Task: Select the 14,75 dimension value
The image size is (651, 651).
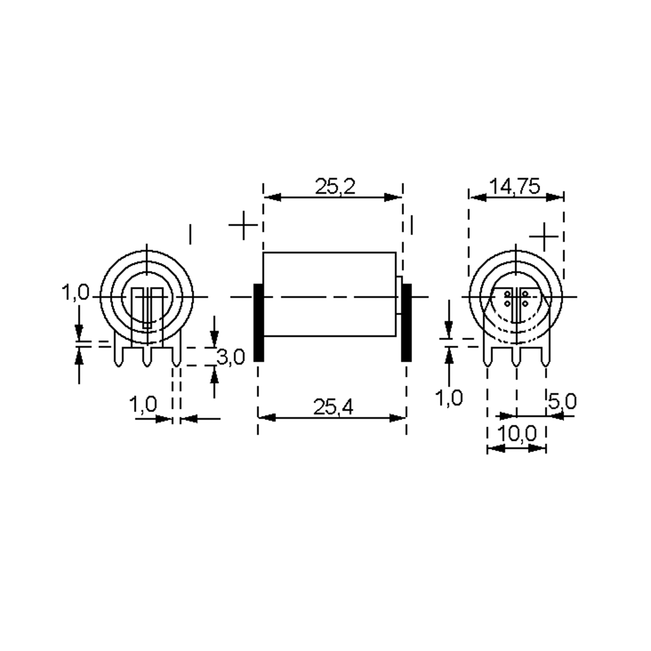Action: coord(514,186)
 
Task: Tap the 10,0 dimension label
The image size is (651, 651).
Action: coord(516,434)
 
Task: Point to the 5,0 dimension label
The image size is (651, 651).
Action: coord(562,401)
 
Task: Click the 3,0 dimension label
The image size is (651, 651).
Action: coord(231,357)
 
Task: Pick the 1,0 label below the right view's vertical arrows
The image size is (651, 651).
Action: coord(449,398)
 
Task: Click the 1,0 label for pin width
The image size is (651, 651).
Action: coord(143,404)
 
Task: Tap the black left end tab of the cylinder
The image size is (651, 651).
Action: coord(259,323)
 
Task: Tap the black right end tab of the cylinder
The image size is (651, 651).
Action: coord(406,323)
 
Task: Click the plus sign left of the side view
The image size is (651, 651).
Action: coord(243,225)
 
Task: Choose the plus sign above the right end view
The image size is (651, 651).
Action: coord(544,237)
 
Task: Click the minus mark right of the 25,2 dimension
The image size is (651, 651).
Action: coord(411,225)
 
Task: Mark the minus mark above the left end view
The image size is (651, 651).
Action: coord(190,234)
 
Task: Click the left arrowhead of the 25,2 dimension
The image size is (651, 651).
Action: coord(272,197)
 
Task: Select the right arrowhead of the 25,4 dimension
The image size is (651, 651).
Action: coord(397,418)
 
